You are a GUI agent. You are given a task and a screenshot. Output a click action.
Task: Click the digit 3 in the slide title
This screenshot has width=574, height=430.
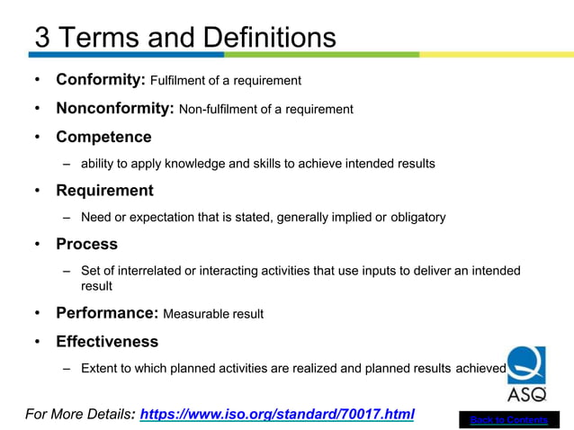(42, 38)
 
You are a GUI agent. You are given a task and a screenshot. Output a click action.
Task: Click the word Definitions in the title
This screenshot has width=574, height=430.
(269, 38)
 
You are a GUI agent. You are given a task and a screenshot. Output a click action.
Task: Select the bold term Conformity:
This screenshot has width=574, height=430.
(100, 80)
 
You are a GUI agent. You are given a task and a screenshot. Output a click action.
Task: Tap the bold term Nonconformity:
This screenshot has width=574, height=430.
(115, 109)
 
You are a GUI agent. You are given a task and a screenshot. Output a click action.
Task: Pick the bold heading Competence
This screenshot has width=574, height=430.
(103, 137)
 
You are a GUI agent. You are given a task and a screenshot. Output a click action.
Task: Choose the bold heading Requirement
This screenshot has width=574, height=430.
(104, 191)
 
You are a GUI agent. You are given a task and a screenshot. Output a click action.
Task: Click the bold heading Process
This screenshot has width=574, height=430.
(86, 244)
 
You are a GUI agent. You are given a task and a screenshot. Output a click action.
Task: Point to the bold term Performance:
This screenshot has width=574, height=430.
(106, 313)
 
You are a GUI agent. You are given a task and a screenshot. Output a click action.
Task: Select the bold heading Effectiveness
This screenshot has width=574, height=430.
(107, 341)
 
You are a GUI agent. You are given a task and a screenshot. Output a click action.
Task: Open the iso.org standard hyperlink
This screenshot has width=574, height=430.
(277, 415)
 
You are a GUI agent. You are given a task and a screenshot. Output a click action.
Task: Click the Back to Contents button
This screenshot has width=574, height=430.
(508, 420)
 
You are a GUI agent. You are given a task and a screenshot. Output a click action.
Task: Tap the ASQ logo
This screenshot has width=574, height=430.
(526, 373)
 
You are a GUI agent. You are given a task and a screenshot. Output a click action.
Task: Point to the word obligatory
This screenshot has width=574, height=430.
(417, 217)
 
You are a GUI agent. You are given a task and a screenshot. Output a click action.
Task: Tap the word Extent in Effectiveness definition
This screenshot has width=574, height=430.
(100, 368)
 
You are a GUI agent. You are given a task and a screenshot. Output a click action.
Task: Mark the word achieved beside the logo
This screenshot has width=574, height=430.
(481, 368)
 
